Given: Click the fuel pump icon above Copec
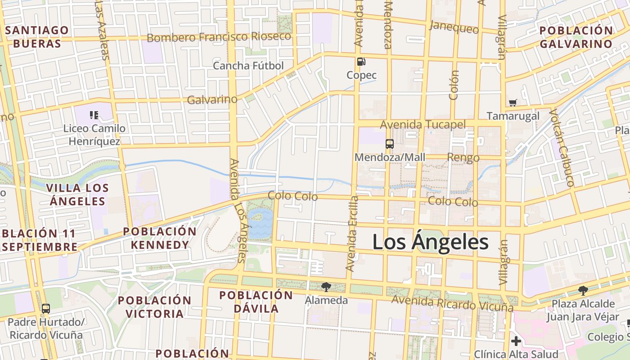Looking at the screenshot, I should [361, 62].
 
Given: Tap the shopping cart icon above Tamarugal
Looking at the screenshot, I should [513, 103].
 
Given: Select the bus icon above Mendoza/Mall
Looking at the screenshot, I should [389, 144].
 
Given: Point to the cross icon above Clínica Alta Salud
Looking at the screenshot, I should [516, 341].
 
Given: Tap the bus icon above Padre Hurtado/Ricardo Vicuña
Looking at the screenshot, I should [46, 309].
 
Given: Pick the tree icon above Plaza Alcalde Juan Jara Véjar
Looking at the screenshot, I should [583, 290].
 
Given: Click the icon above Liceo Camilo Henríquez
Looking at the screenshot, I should [94, 115].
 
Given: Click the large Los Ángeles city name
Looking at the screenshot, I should [430, 242].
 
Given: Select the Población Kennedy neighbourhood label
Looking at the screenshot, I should [160, 238].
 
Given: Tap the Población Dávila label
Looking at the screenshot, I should [256, 302].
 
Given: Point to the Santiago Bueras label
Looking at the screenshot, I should [37, 37].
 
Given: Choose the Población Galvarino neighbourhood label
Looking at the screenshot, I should [576, 37].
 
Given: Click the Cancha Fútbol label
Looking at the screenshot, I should [248, 66].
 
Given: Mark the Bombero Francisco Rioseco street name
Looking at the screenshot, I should [219, 37].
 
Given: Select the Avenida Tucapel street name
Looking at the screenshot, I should [423, 124].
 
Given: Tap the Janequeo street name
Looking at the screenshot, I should [454, 27].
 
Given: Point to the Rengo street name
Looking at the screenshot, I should [463, 157].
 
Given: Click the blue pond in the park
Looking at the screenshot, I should [260, 223].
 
